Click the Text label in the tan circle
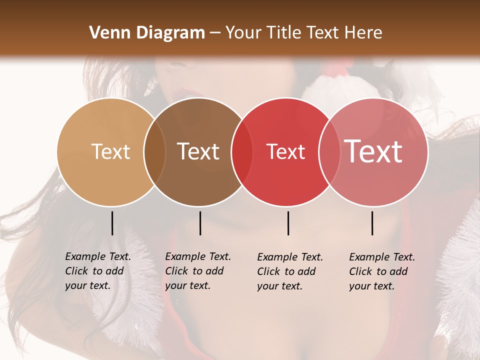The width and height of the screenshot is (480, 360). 110,151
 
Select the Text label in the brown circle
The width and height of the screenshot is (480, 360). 198,151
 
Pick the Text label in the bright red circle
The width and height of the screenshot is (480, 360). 285,152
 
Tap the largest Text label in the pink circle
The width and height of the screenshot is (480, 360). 373,151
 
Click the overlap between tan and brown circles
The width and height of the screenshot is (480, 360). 154,152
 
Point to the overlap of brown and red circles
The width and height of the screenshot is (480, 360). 242,152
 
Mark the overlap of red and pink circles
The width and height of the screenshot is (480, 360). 329,152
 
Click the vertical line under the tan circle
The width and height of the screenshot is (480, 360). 112,223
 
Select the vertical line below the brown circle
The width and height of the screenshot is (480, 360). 200,223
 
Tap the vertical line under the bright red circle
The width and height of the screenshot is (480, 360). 288,223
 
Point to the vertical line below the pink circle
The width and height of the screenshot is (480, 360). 372,223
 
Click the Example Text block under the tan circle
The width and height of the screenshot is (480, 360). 97,271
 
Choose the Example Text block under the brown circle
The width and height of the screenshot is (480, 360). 197,271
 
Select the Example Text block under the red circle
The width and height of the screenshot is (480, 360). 289,271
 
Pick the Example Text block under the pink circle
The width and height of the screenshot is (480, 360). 381,271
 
